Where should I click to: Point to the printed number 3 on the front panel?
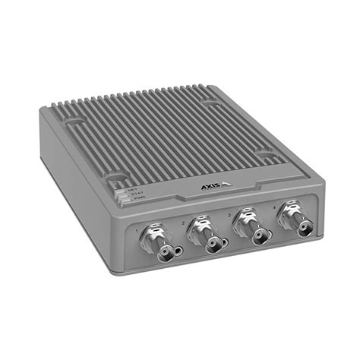click(x=227, y=214)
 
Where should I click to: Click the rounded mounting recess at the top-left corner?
click(x=74, y=121)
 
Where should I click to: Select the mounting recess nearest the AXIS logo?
click(x=267, y=157)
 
